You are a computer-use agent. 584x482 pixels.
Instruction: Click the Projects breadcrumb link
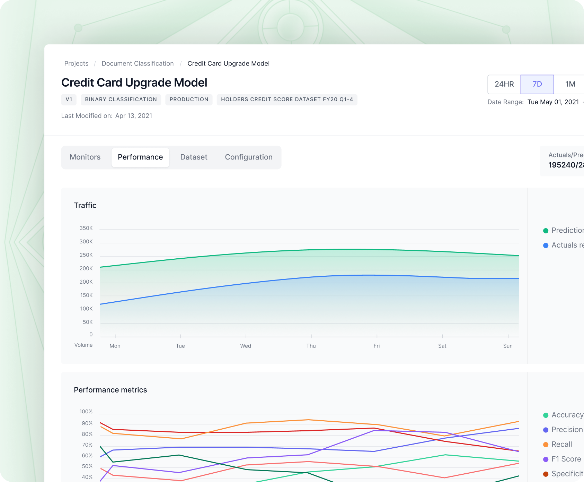coord(76,63)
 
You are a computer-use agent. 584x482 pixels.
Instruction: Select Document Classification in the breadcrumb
coord(138,63)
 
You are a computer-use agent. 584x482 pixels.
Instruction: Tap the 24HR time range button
coord(504,84)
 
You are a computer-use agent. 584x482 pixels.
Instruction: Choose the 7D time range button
coord(537,84)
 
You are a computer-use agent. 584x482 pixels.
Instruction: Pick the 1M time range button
coord(570,84)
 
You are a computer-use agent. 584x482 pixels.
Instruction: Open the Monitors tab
coord(85,157)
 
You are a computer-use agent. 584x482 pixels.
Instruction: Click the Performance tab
coord(140,157)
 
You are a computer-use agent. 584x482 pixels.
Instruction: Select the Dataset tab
coord(194,157)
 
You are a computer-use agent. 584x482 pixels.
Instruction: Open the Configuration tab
coord(249,157)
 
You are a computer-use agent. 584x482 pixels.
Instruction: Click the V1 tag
coord(69,100)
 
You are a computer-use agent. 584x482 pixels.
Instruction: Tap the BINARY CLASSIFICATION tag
coord(121,100)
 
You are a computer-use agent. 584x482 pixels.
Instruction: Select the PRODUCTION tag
coord(189,100)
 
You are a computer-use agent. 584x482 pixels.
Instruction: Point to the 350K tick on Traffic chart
coord(86,228)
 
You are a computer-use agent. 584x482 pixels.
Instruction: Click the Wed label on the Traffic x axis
coord(246,346)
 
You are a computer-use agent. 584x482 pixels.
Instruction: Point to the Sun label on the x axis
coord(508,346)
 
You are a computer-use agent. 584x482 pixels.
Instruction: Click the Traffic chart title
coord(85,205)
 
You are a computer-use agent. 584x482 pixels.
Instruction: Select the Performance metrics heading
coord(110,390)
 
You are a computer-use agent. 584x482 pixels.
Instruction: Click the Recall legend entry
coord(561,444)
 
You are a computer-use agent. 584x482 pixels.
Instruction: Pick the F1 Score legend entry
coord(566,459)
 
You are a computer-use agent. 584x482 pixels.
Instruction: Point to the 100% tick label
coord(86,412)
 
